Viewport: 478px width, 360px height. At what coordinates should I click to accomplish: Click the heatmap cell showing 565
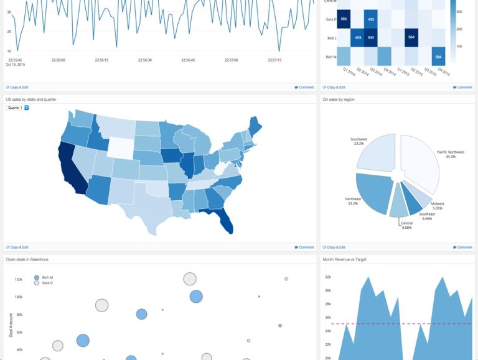(344, 19)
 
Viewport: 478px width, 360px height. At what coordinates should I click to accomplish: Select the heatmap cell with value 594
(438, 57)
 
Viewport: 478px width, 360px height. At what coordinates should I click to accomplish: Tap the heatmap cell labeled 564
(411, 37)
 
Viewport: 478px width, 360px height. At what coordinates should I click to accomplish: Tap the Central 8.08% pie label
(406, 225)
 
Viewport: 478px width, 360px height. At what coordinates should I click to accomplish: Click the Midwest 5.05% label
(438, 206)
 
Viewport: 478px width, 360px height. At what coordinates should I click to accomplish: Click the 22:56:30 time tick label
(144, 60)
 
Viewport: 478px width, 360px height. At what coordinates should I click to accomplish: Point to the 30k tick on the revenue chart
(327, 290)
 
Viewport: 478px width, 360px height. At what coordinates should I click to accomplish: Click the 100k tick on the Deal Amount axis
(19, 297)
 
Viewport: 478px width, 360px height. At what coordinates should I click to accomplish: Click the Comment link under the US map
(304, 247)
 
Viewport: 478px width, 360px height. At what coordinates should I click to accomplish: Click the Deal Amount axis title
(11, 325)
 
